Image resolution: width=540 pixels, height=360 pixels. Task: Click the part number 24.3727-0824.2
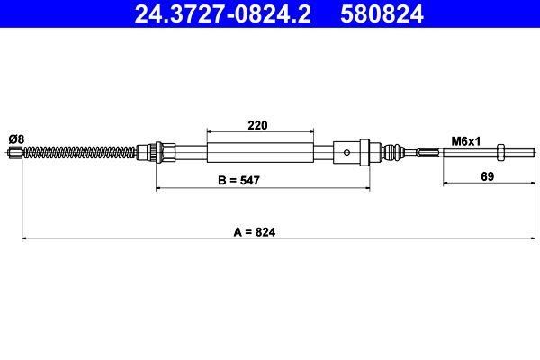222,13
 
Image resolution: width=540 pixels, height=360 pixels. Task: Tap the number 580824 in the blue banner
382,13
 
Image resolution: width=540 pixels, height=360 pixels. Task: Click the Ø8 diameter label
16,139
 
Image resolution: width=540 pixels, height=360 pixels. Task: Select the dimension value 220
257,125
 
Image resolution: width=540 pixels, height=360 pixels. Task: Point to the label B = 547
238,180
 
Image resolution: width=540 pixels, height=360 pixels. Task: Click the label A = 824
255,232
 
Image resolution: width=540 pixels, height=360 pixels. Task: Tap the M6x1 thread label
465,141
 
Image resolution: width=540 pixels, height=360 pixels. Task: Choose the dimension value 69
487,176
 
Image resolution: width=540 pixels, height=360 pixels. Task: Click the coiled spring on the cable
79,152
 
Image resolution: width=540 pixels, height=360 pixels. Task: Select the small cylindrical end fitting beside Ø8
14,152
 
